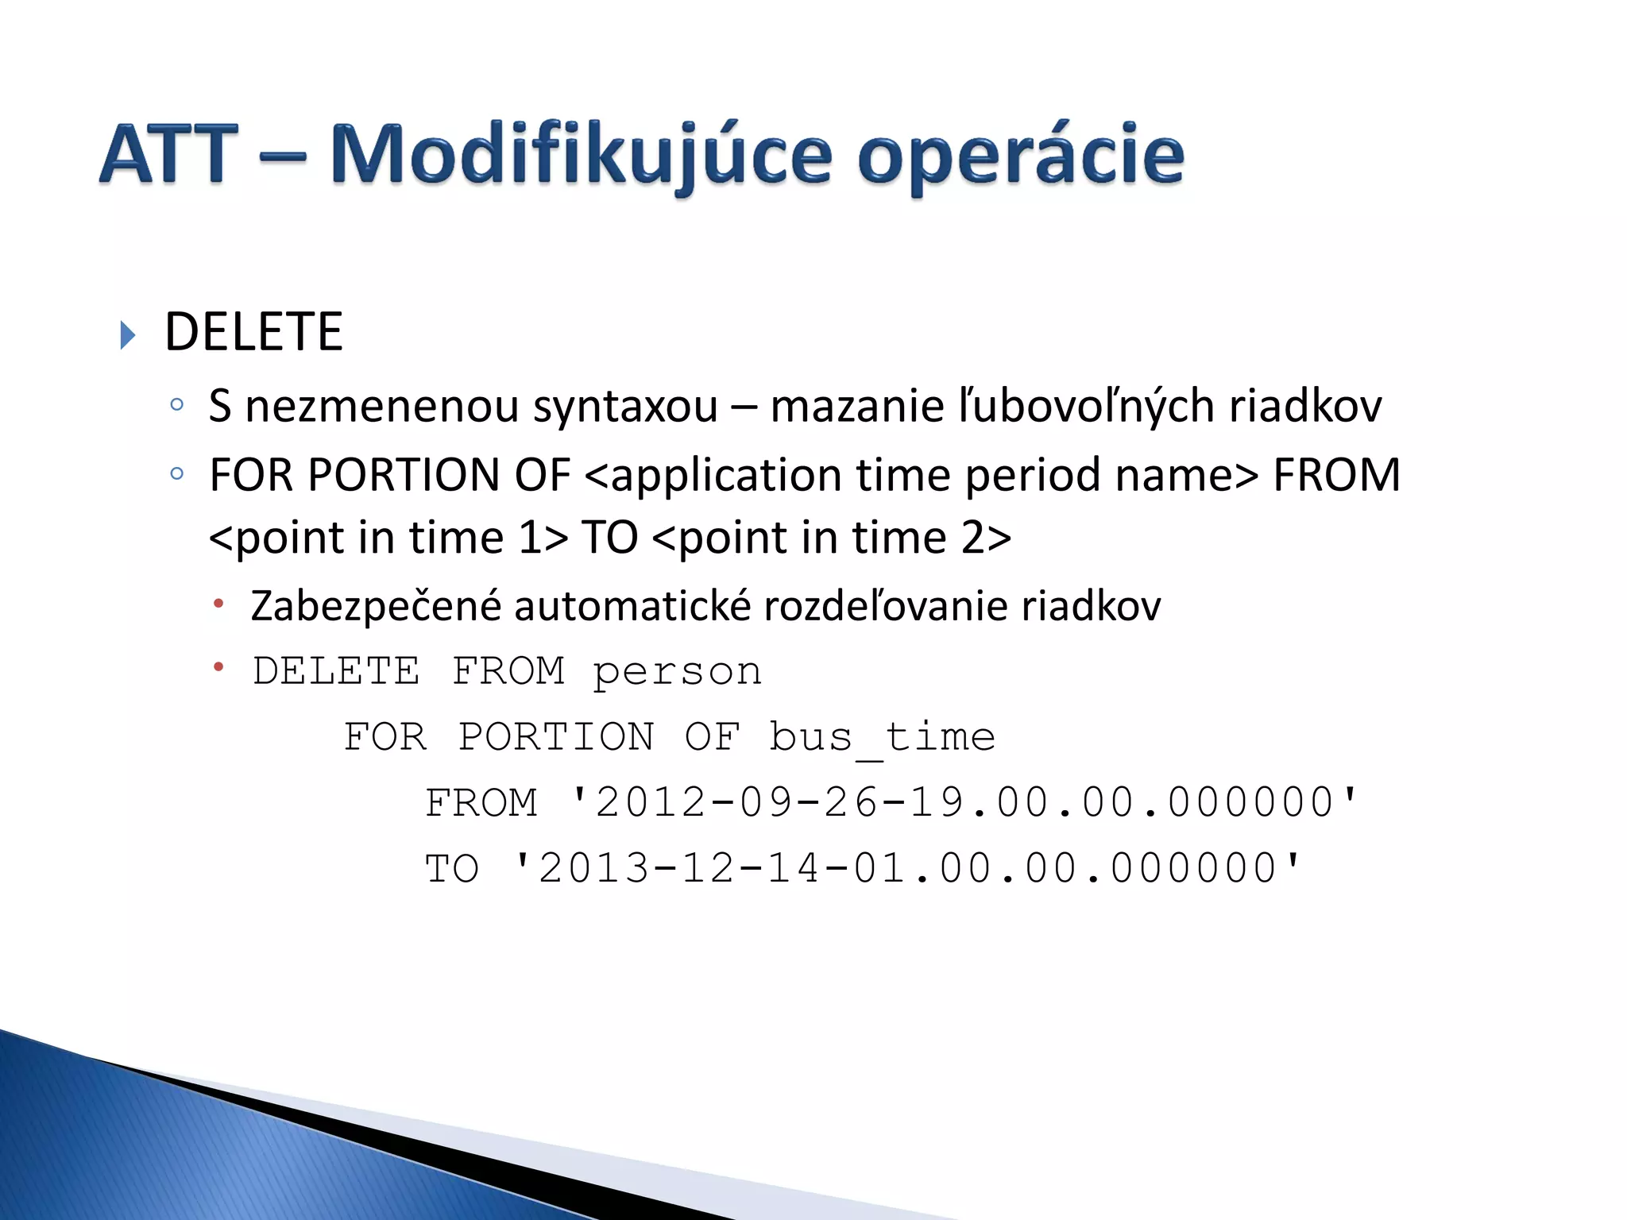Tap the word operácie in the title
click(1021, 156)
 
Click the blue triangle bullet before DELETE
click(128, 335)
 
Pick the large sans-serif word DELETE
click(253, 332)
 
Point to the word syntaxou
click(625, 407)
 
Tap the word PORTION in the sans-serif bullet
click(404, 475)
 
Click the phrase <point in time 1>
click(388, 538)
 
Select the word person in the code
click(677, 671)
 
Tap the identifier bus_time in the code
click(882, 737)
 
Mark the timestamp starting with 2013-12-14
click(907, 868)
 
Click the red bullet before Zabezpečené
click(218, 604)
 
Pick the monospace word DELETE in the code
click(336, 671)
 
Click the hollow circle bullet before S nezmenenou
click(177, 405)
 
